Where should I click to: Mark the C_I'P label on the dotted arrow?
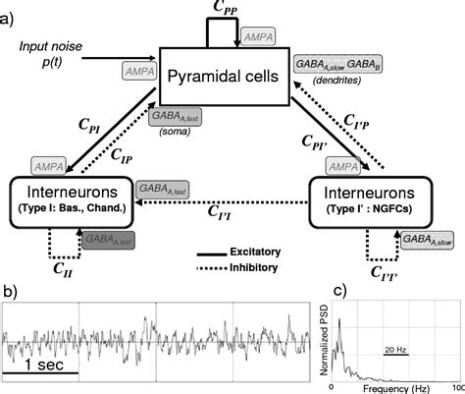(x=356, y=120)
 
